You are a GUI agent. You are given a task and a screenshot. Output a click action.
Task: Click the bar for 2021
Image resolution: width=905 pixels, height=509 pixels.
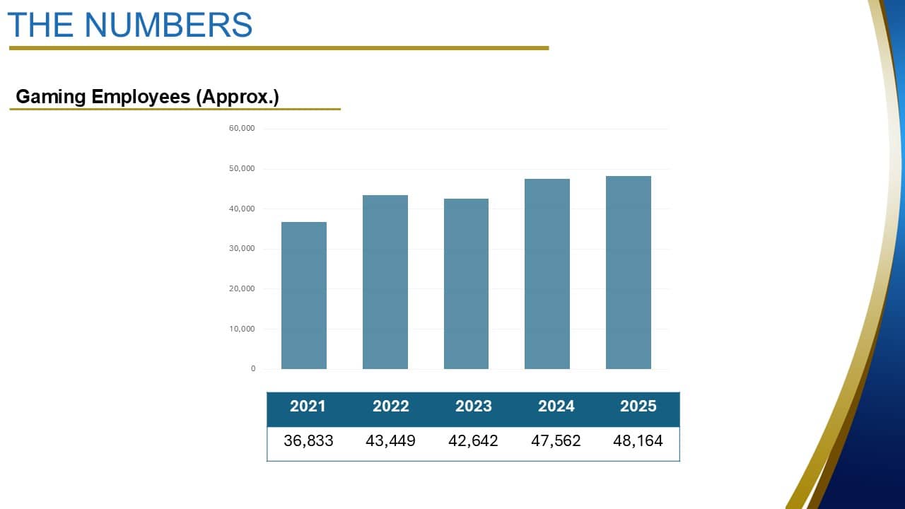point(304,296)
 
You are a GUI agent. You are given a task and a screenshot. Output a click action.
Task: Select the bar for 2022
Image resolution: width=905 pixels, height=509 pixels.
point(385,282)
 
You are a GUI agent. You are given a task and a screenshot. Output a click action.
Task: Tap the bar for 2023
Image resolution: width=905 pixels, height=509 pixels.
point(466,283)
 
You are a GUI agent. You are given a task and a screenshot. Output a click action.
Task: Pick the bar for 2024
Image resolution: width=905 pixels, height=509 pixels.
point(547,274)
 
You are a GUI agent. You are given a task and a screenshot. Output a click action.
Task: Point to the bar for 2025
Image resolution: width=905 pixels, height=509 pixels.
point(629,272)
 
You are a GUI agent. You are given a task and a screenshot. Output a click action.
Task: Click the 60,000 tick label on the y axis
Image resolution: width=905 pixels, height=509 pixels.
point(243,129)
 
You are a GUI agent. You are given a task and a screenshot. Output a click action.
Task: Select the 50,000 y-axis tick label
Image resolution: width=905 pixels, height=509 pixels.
point(243,169)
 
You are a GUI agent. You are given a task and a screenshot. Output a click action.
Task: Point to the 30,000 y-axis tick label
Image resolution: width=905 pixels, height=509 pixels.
point(243,249)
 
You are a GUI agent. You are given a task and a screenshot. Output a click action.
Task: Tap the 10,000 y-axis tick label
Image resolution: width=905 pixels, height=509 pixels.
point(243,329)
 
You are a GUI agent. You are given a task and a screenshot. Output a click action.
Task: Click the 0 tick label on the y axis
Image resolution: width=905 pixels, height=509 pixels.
point(253,369)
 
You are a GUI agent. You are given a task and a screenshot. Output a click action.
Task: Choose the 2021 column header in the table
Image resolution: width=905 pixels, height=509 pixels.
point(308,406)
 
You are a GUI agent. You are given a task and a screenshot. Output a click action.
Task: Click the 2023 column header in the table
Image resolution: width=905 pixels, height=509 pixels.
point(473,406)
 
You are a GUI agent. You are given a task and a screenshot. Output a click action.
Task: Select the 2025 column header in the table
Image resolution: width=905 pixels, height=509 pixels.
point(638,406)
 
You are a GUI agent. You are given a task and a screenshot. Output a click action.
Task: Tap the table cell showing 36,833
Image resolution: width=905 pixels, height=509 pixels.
point(308,441)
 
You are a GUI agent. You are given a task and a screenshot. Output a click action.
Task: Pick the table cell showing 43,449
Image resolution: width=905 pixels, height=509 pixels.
point(390,441)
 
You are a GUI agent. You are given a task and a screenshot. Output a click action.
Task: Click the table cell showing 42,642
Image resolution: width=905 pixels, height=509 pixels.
point(473,441)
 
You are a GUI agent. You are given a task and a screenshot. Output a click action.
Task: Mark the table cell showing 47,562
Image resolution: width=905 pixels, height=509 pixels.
point(556,441)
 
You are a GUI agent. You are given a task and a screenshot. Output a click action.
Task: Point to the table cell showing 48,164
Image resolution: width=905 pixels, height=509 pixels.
point(638,441)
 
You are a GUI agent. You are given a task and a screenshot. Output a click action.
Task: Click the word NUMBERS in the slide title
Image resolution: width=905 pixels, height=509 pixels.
point(168,25)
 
